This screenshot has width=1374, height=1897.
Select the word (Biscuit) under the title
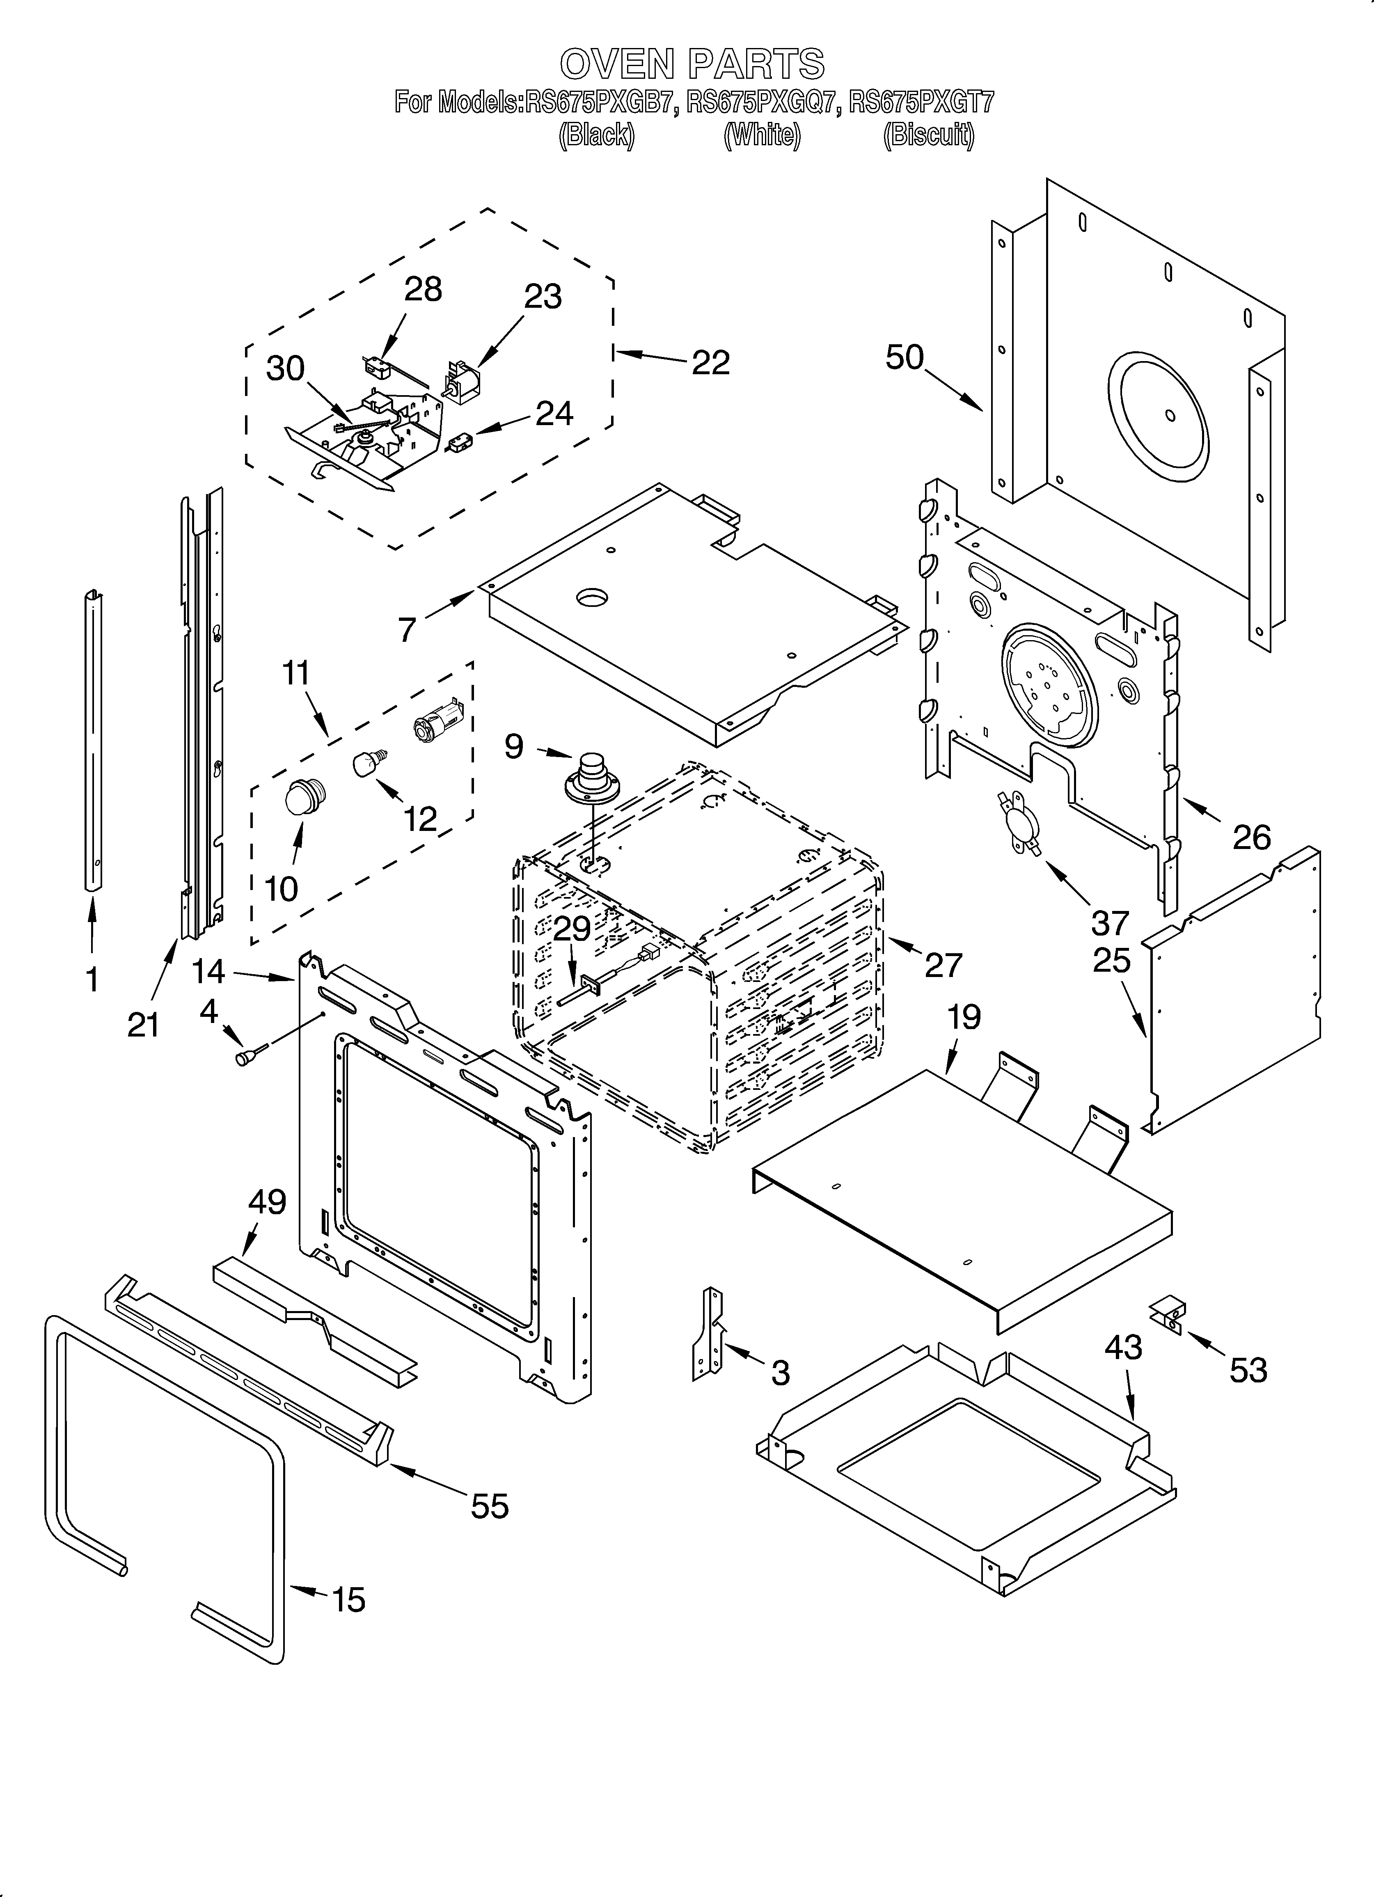pos(929,135)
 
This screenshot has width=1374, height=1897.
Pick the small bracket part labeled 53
pos(1169,1316)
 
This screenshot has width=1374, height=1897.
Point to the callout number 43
pos(1123,1348)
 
